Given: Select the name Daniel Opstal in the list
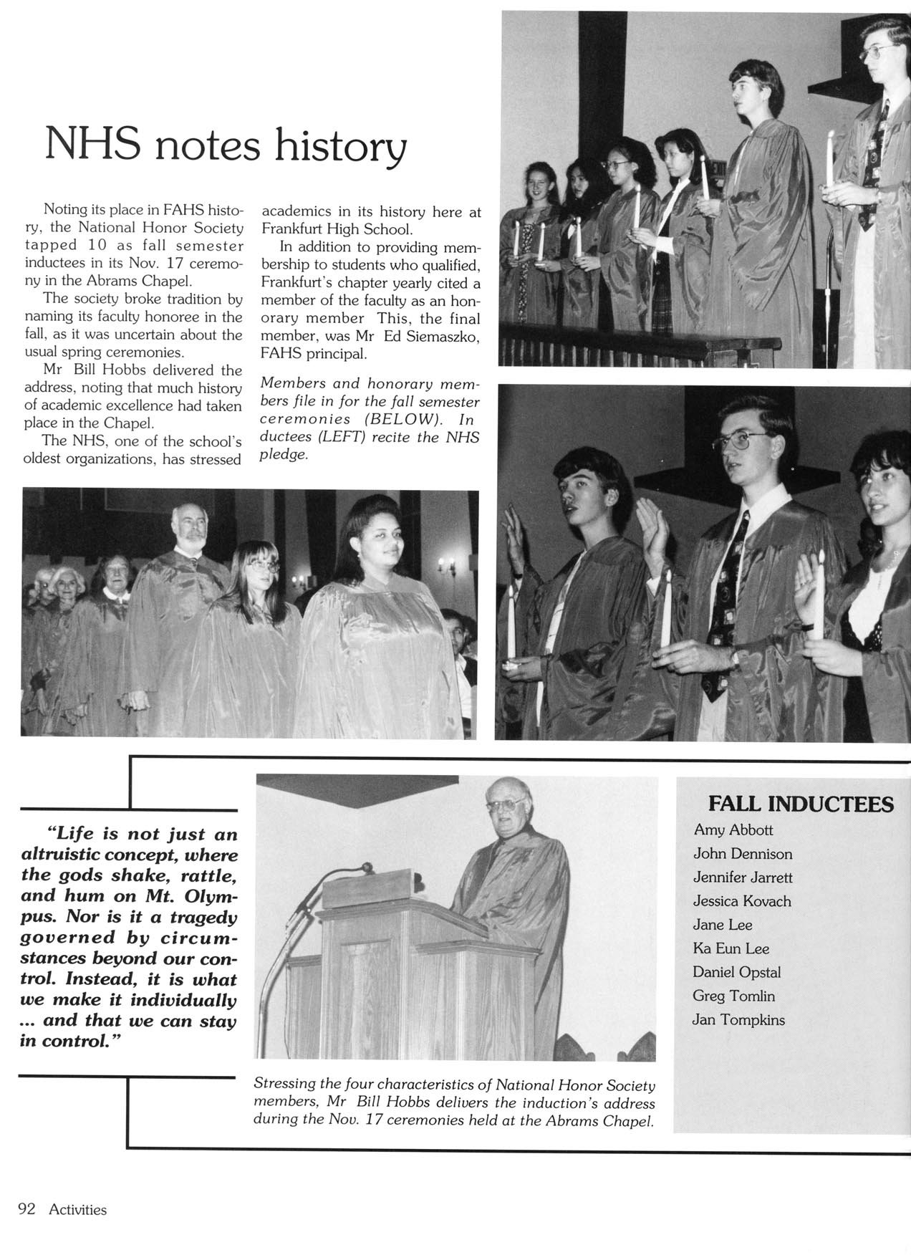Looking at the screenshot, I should (x=736, y=972).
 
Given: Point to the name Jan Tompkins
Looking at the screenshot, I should (x=738, y=1019).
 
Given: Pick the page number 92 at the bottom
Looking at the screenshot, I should (x=26, y=1209).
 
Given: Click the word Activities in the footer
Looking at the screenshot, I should (x=77, y=1210).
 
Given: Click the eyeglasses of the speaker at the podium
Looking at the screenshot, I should (x=501, y=804).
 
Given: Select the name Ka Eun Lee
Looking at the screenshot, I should (x=731, y=948).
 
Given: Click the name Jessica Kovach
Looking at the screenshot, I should (x=741, y=901).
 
